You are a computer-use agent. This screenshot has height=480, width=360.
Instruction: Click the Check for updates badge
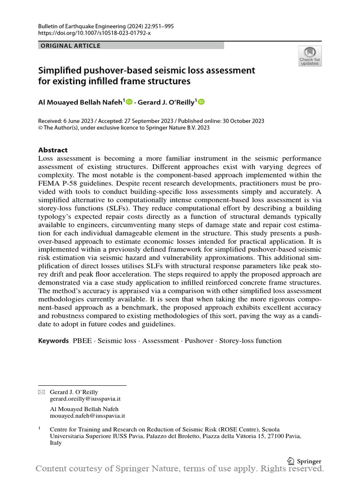tap(310, 55)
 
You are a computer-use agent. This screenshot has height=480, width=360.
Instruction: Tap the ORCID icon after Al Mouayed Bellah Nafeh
tap(129, 102)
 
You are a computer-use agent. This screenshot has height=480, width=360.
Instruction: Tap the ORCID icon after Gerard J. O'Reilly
tap(202, 102)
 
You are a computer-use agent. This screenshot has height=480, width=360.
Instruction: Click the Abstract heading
tap(52, 150)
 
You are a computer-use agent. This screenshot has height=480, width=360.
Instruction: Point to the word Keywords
tap(53, 341)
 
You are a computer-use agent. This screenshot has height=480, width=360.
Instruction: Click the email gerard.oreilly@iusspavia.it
tap(85, 399)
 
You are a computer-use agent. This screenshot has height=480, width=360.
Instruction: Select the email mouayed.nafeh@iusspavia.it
tap(87, 415)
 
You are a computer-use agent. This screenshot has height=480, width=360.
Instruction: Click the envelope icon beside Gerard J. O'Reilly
tap(41, 392)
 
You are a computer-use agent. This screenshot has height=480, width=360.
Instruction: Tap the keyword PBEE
tap(82, 341)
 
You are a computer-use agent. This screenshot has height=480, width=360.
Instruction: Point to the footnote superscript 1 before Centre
tap(39, 428)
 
